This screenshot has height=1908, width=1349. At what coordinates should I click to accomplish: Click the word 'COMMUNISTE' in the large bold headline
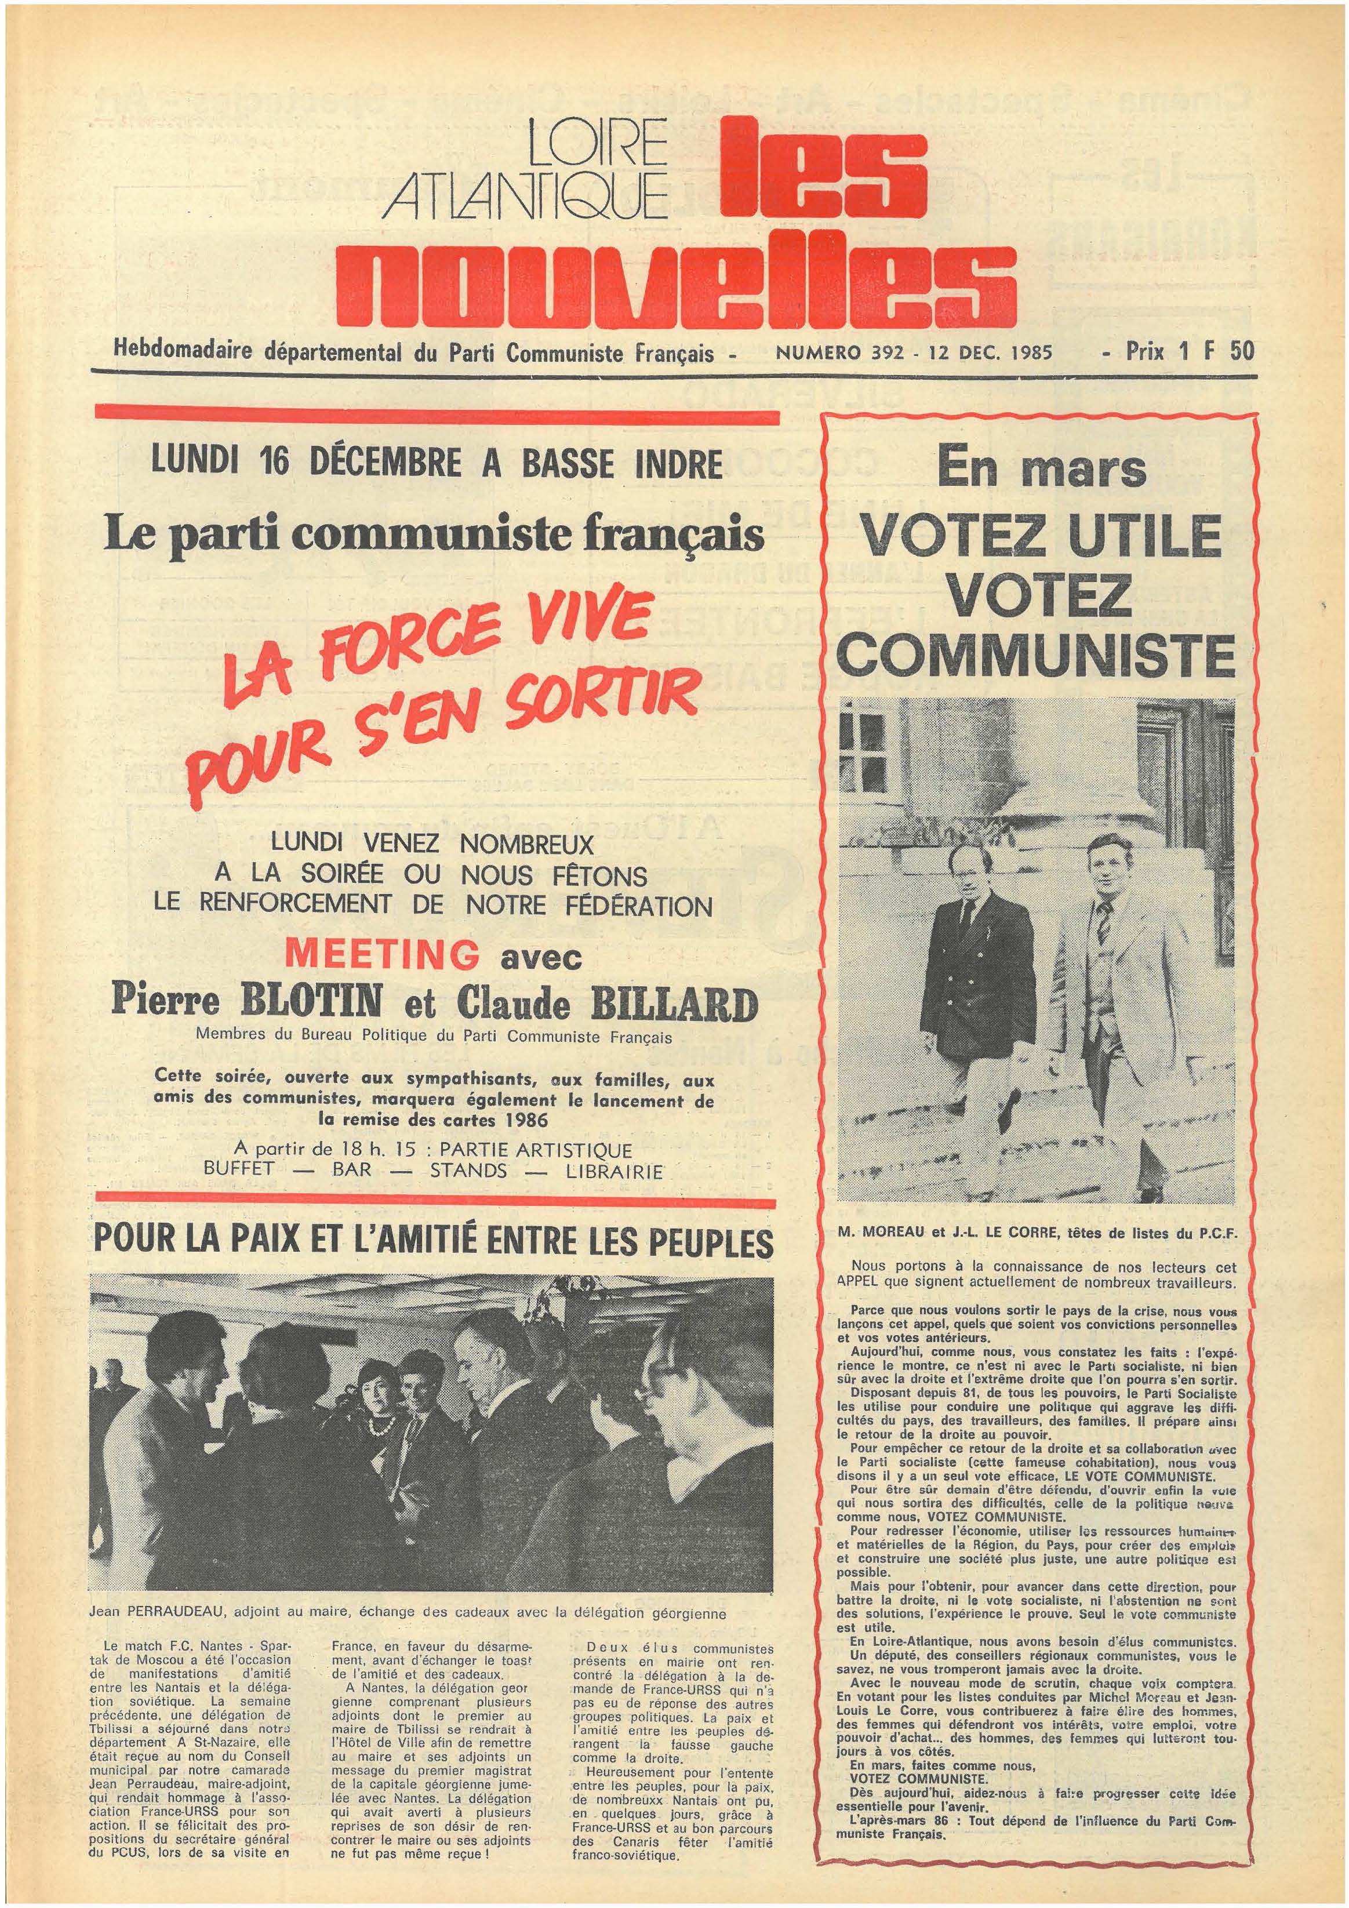tap(1035, 657)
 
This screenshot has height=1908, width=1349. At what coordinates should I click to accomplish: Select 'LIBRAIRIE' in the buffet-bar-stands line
tap(614, 1172)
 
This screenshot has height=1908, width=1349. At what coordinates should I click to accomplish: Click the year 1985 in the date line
tap(1031, 352)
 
